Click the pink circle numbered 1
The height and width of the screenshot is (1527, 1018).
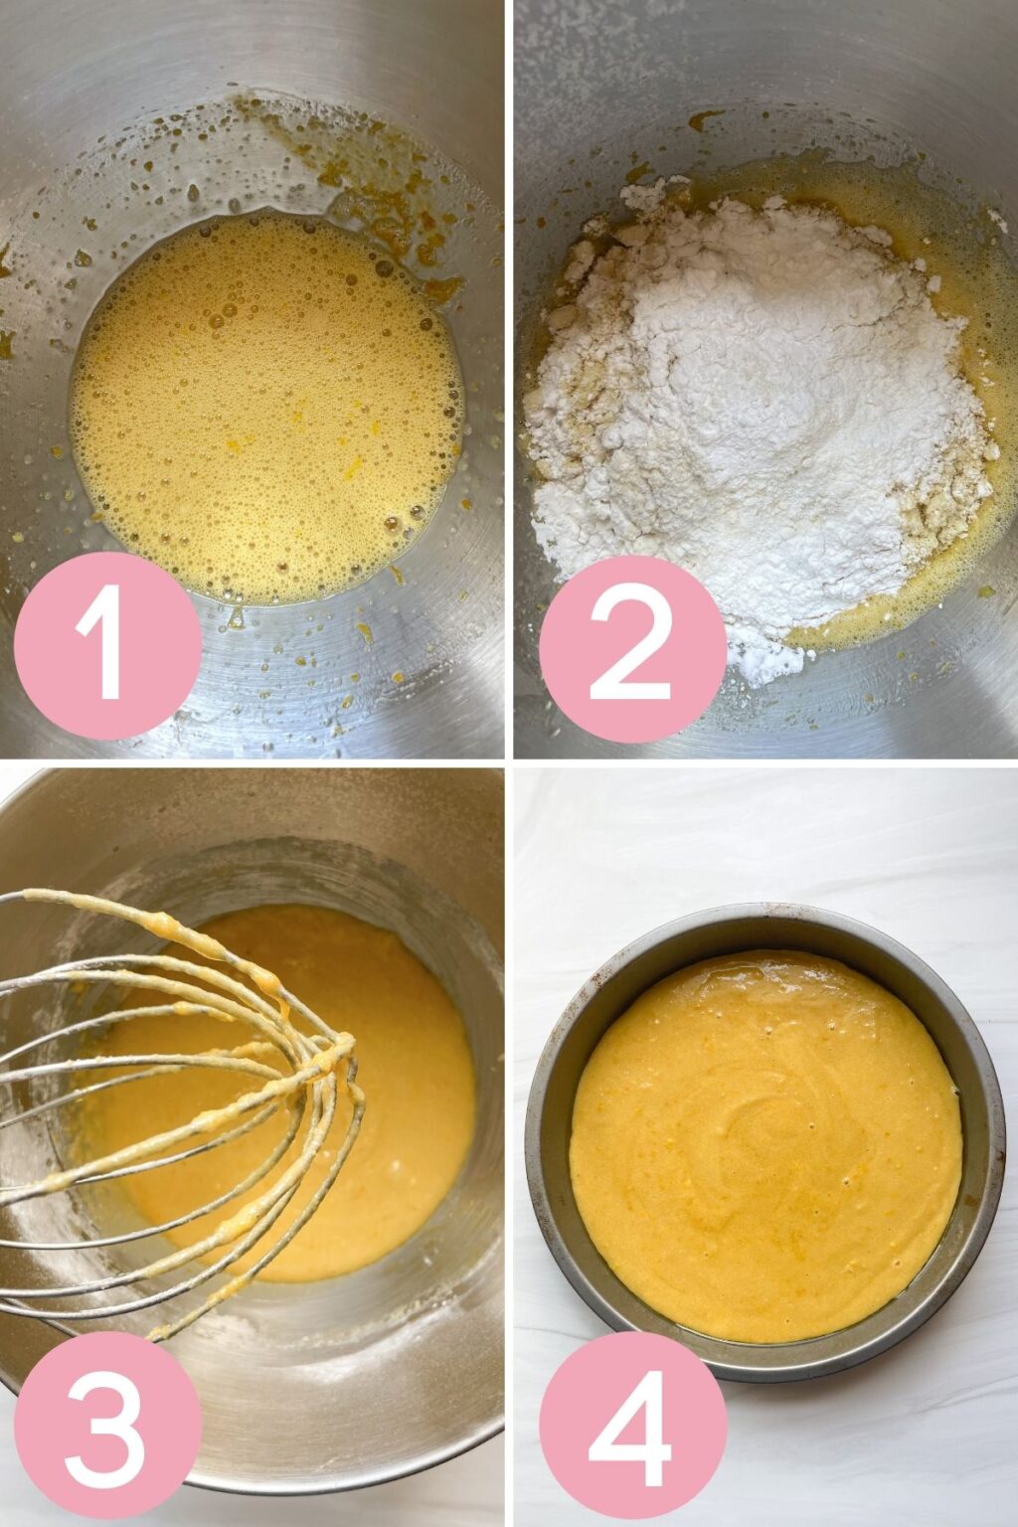click(107, 644)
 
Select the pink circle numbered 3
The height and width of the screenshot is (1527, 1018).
click(107, 1424)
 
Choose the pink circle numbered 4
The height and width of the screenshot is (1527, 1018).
click(632, 1424)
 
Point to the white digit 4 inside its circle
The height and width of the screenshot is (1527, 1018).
click(632, 1424)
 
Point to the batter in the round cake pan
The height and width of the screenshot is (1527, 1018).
click(765, 1143)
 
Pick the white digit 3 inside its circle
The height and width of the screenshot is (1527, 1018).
click(107, 1424)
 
